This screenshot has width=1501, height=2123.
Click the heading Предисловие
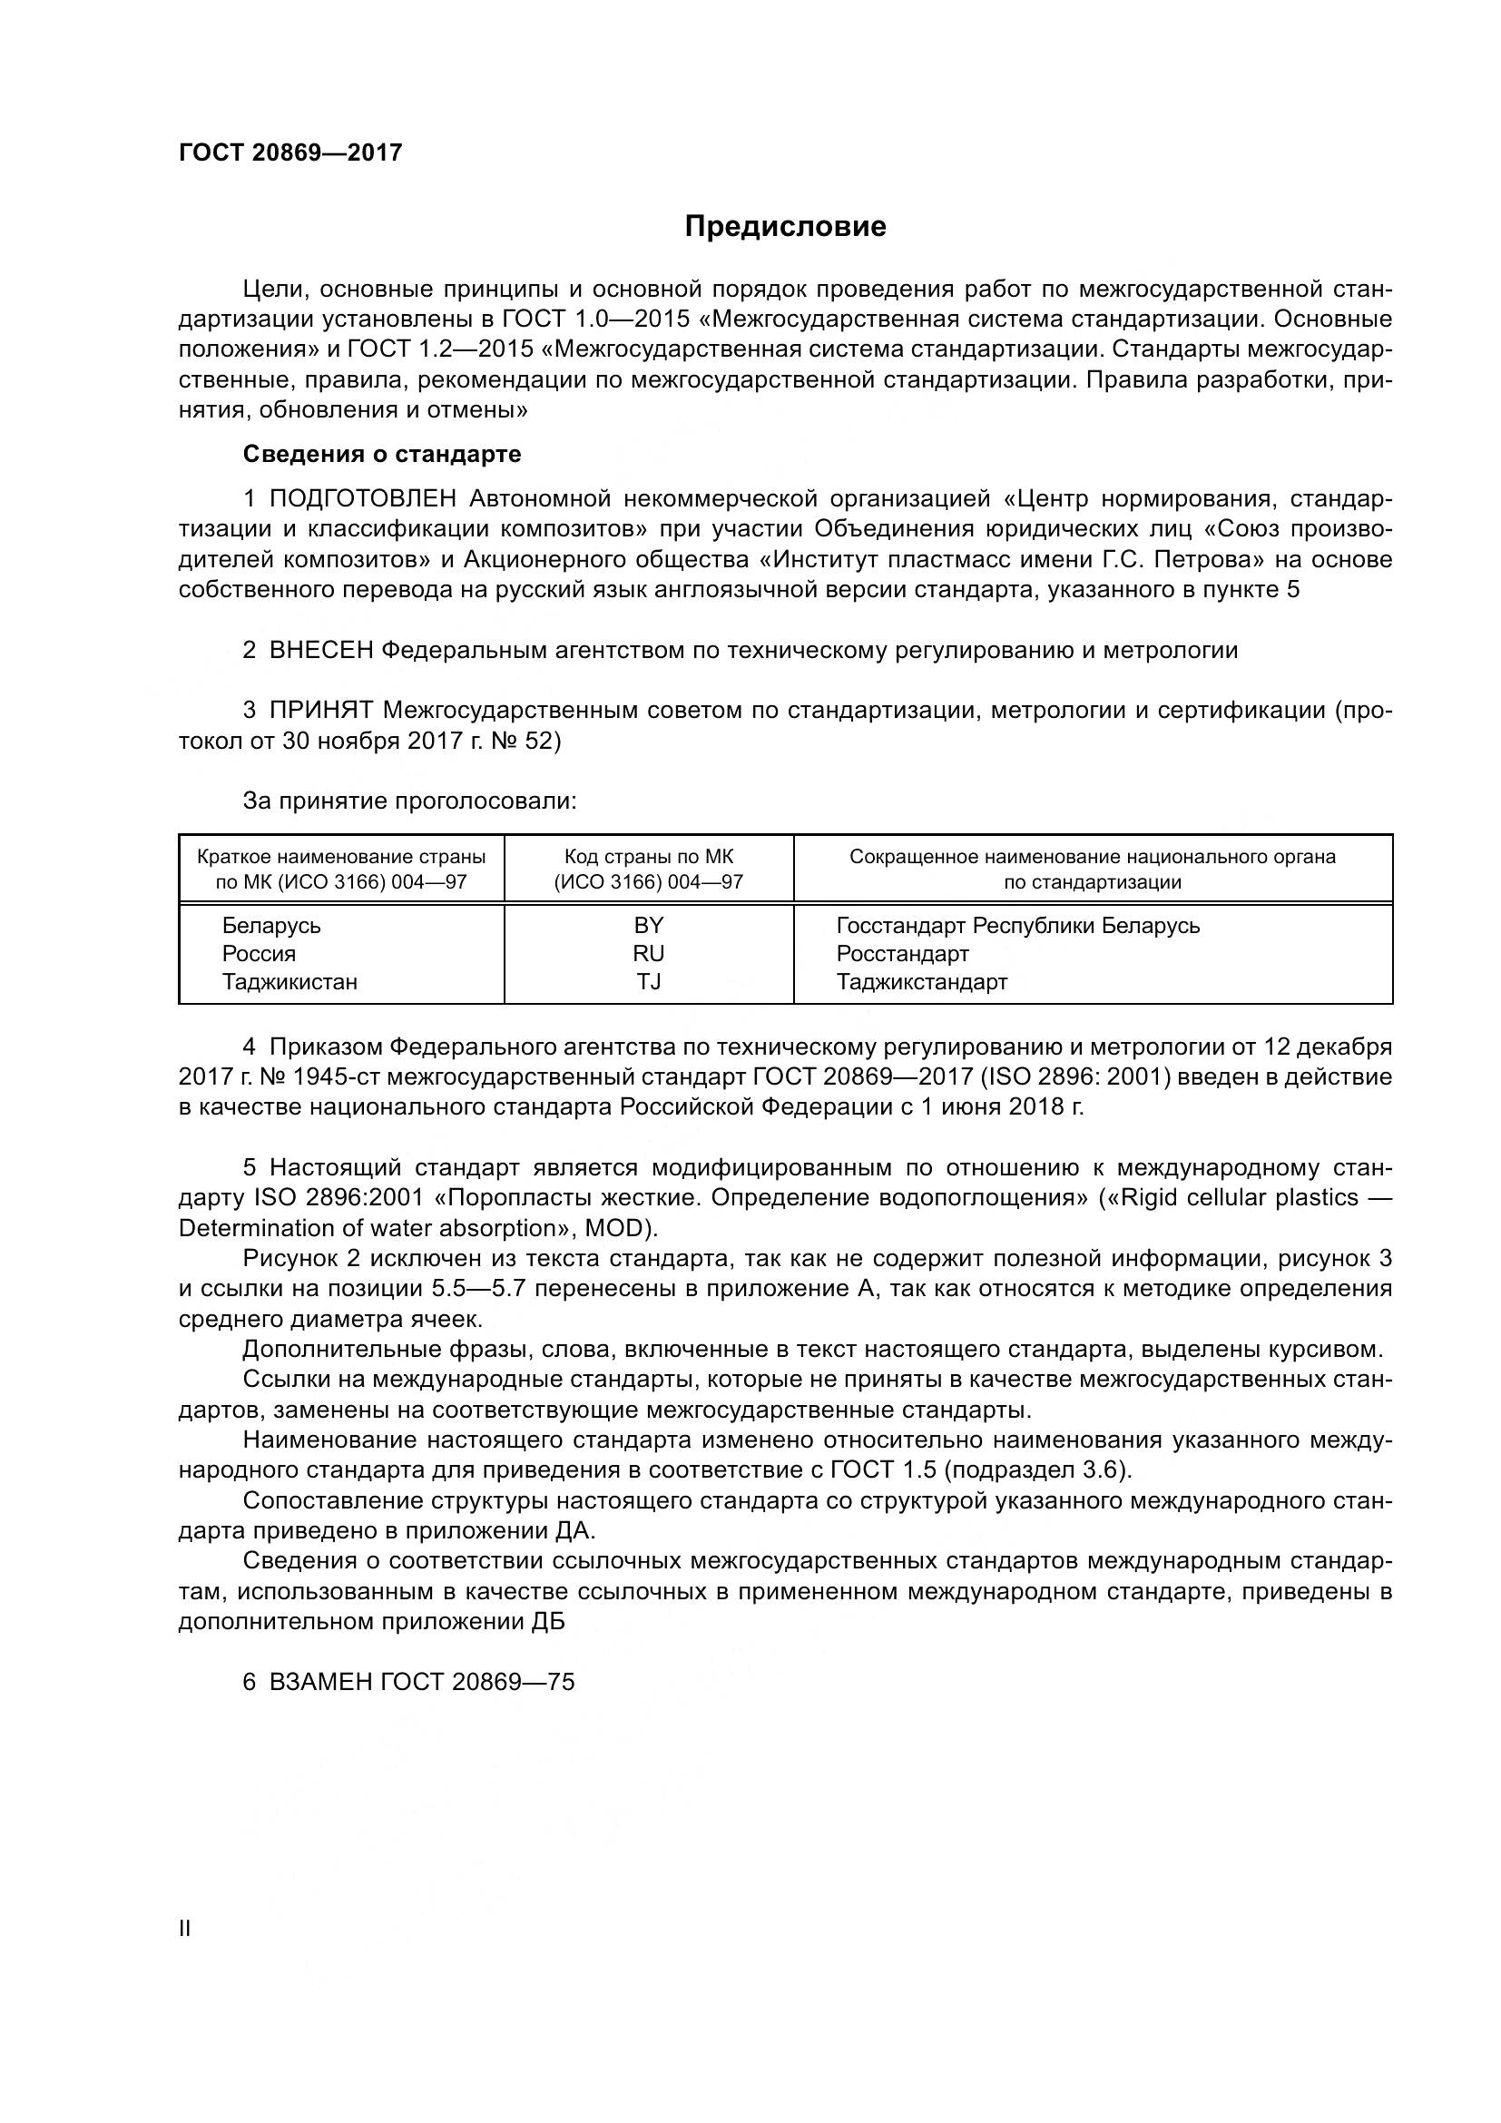(785, 227)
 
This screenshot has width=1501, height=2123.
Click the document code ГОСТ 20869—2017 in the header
(290, 152)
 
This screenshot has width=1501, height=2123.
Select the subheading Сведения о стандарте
(382, 454)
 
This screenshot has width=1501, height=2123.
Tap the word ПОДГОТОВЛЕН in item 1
(363, 499)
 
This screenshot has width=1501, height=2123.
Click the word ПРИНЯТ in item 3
(320, 710)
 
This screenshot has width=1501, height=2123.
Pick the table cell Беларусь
(270, 926)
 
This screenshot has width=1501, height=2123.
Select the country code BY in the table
(649, 926)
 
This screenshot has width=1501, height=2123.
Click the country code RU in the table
(649, 953)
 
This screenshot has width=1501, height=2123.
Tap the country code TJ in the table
(649, 982)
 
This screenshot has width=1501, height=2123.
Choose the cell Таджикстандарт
(921, 982)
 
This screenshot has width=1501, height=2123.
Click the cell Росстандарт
(902, 953)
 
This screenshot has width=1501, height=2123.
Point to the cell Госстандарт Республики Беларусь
(1017, 926)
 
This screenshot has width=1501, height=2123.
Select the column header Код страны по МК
(649, 857)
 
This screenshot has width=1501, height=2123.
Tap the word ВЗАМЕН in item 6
(320, 1682)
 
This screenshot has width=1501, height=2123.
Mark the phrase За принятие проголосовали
(409, 801)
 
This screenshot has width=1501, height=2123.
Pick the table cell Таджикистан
(289, 982)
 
